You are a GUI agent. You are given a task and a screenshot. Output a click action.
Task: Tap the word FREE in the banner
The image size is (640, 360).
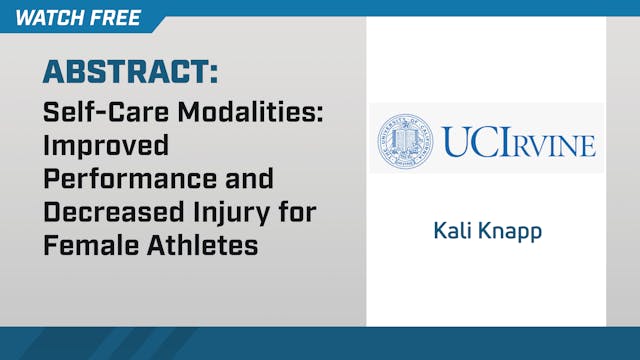(x=114, y=18)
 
